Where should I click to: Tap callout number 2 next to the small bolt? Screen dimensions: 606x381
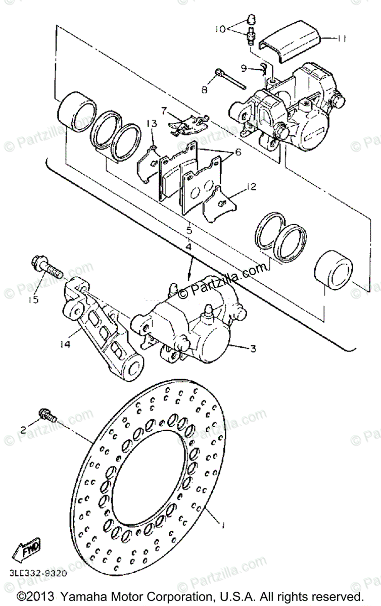23,430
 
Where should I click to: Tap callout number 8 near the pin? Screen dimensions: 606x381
204,89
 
